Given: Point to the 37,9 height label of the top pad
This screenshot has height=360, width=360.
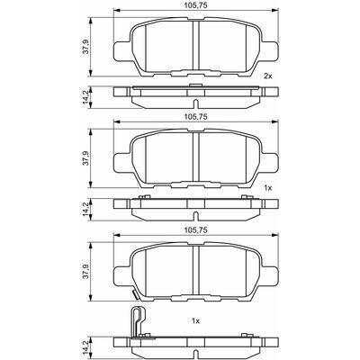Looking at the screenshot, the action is pyautogui.click(x=85, y=47).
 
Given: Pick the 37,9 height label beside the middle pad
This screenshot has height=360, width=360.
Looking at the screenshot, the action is pyautogui.click(x=85, y=158).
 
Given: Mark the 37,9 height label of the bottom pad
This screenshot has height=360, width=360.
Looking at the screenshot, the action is pyautogui.click(x=85, y=272).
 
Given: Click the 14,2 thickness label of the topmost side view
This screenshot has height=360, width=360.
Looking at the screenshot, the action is pyautogui.click(x=85, y=97).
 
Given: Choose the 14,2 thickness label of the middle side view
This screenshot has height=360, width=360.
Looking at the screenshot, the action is pyautogui.click(x=85, y=209).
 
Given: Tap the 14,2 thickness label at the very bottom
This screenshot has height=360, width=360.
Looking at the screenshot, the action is pyautogui.click(x=85, y=346).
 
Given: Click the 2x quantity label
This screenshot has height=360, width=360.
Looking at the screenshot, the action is pyautogui.click(x=267, y=76).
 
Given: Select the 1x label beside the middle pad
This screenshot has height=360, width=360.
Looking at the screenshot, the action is pyautogui.click(x=267, y=188).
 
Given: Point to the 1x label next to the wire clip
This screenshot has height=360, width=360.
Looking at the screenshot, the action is pyautogui.click(x=195, y=321).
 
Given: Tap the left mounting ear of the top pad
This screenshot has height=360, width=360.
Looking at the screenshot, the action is pyautogui.click(x=122, y=50).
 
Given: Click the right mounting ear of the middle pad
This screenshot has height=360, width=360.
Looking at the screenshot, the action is pyautogui.click(x=269, y=163).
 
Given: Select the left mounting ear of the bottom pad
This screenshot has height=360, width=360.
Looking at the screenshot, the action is pyautogui.click(x=122, y=276).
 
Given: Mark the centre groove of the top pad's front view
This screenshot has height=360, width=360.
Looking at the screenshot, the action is pyautogui.click(x=196, y=44).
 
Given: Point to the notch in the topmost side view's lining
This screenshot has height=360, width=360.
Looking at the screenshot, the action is pyautogui.click(x=195, y=103).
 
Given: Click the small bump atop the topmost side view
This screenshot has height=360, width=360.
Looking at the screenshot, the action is pyautogui.click(x=195, y=85).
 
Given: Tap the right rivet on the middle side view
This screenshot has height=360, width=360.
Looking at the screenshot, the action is pyautogui.click(x=244, y=197).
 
